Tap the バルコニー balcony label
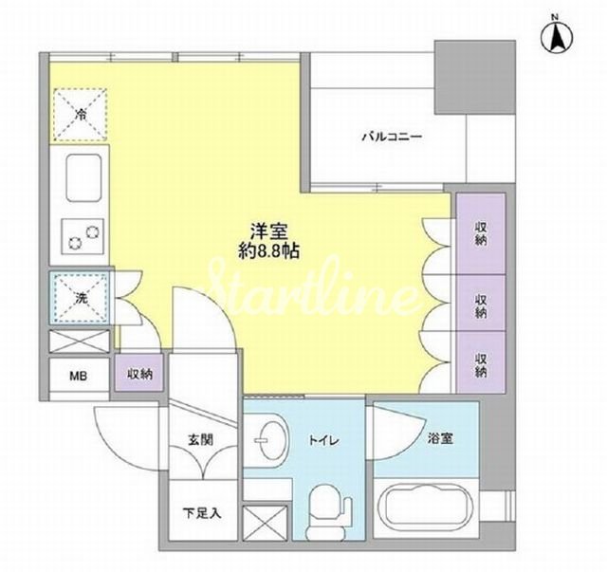pyautogui.click(x=392, y=137)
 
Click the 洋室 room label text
pyautogui.click(x=268, y=232)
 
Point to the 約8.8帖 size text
pyautogui.click(x=268, y=251)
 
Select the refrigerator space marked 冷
pyautogui.click(x=80, y=115)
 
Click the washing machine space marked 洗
pyautogui.click(x=81, y=298)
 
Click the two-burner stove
pyautogui.click(x=83, y=236)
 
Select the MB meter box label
pyautogui.click(x=78, y=376)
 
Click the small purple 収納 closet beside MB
pyautogui.click(x=139, y=373)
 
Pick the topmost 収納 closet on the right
pyautogui.click(x=481, y=233)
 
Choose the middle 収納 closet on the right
pyautogui.click(x=481, y=303)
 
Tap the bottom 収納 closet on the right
pyautogui.click(x=481, y=362)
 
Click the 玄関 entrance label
pyautogui.click(x=200, y=439)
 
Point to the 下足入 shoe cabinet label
pyautogui.click(x=202, y=513)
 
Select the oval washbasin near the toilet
pyautogui.click(x=271, y=440)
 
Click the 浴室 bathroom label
pyautogui.click(x=440, y=438)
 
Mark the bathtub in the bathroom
pyautogui.click(x=426, y=507)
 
